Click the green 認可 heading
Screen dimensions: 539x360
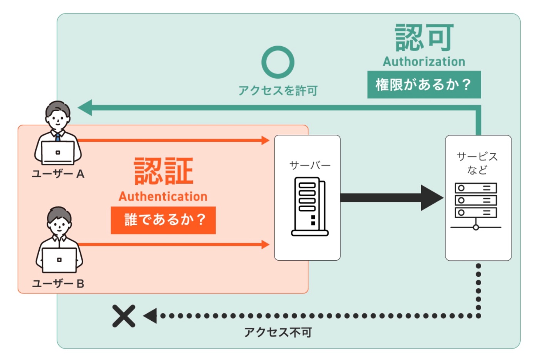coord(424,38)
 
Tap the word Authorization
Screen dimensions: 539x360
coord(424,62)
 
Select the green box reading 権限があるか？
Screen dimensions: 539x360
coord(424,84)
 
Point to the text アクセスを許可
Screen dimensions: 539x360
coord(278,91)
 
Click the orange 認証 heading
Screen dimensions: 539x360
coord(164,171)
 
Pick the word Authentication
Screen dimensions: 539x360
coord(163,196)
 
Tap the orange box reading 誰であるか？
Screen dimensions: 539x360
coord(163,220)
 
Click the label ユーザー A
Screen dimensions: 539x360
coord(58,174)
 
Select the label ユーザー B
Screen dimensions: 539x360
coord(58,284)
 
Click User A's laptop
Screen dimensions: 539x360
coord(58,153)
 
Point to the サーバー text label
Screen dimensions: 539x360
coord(310,166)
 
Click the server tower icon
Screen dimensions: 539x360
coord(310,206)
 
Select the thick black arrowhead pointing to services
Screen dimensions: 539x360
coord(432,198)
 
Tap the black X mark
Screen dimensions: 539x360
coord(124,316)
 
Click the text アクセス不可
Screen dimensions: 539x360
coord(278,333)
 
